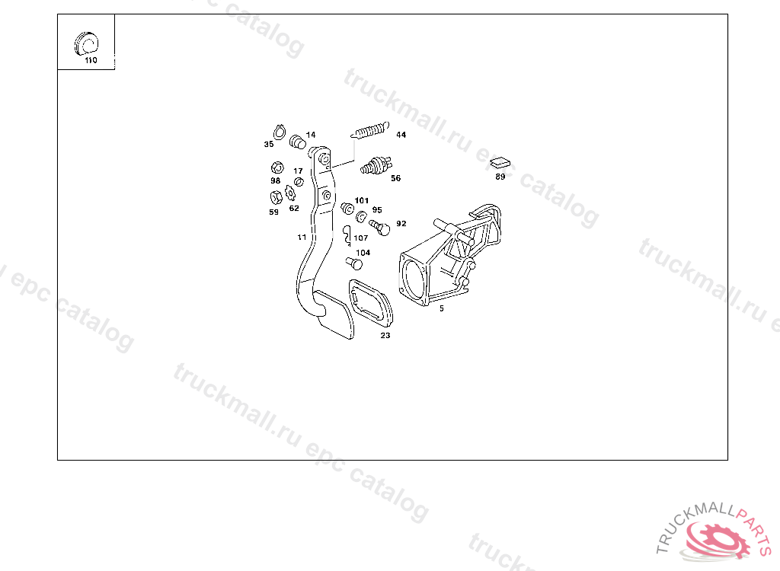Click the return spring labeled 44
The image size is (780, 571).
coord(370,130)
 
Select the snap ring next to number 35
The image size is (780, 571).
coord(279,132)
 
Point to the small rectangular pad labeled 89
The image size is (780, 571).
coord(500,162)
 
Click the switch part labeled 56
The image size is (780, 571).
coord(376,166)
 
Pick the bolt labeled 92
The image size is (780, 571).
coord(379,228)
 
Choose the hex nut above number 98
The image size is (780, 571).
coord(277,167)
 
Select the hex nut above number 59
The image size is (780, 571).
coord(276,197)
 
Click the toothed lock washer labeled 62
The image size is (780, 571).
coord(290,193)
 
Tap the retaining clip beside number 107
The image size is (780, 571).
coord(347,236)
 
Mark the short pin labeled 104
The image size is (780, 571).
coord(354,263)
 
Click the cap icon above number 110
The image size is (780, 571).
coord(87,43)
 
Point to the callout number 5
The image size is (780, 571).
coord(441,308)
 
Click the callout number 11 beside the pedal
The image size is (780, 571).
coord(302,238)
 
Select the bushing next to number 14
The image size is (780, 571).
coord(298,142)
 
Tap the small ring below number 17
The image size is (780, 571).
coord(299,181)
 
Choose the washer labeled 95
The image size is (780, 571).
coord(362,216)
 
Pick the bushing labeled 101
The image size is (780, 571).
coord(347,208)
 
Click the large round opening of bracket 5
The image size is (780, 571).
coord(415,279)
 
